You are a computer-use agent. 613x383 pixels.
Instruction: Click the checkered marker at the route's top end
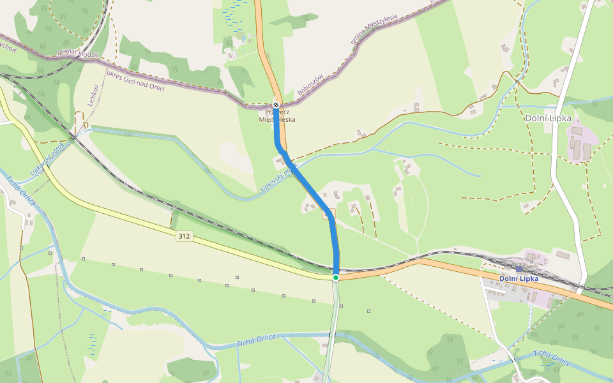click(276, 104)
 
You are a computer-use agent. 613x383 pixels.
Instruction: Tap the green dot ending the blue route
click(336, 278)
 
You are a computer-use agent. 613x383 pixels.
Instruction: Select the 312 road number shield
click(184, 236)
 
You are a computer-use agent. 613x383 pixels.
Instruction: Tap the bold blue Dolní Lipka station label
click(518, 278)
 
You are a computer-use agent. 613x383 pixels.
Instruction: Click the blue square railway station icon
click(519, 269)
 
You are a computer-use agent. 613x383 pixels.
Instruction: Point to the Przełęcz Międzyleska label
click(277, 116)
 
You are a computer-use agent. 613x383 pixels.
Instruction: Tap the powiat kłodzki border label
click(78, 54)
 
